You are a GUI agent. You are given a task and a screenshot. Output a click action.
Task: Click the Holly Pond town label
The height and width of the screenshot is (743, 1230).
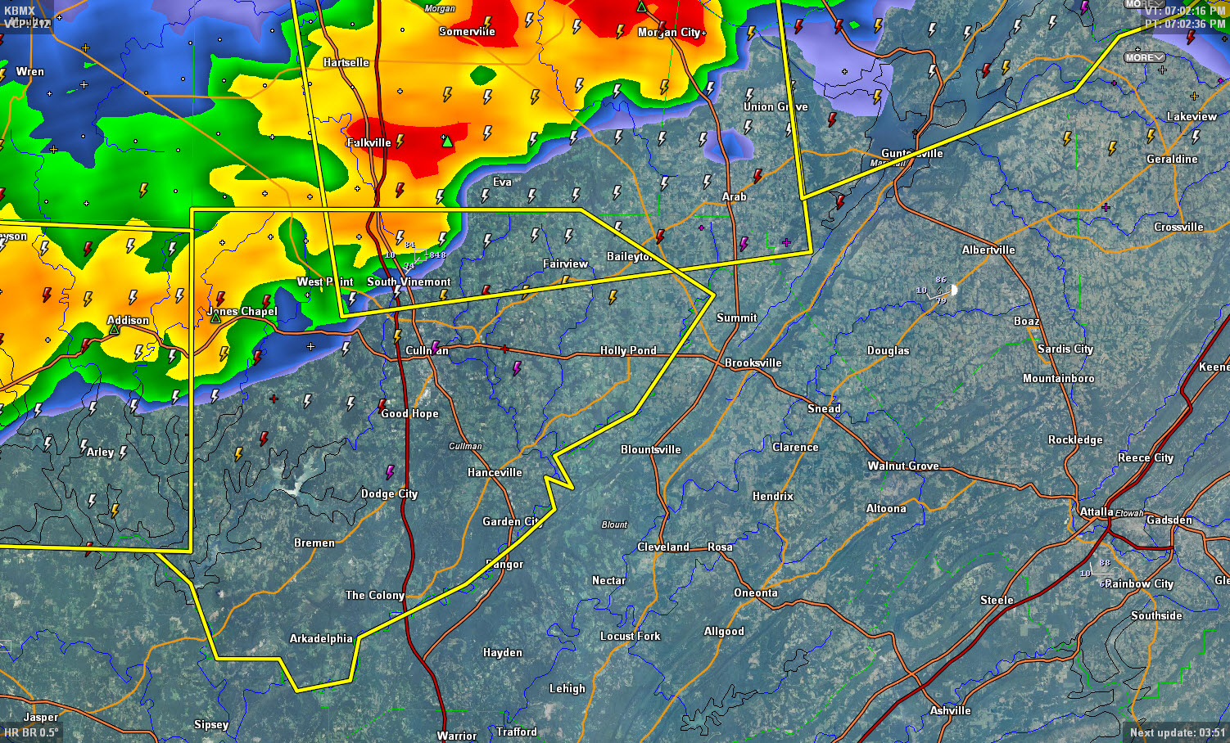(x=628, y=350)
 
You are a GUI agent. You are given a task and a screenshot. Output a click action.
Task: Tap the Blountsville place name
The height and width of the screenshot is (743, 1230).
(x=650, y=449)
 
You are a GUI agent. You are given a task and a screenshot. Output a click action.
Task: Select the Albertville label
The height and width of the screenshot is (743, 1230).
(x=988, y=250)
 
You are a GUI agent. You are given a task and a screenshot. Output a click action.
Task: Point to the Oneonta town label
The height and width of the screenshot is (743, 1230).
(x=756, y=592)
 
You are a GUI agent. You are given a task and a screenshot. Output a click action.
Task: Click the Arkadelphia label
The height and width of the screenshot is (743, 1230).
(x=321, y=638)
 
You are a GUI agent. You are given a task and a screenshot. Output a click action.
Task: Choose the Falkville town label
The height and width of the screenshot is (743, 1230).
(x=369, y=142)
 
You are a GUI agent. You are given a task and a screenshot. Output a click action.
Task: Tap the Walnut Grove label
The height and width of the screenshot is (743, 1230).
(x=903, y=466)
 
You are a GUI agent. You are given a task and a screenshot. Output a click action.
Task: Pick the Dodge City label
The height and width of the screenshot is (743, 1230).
(x=389, y=493)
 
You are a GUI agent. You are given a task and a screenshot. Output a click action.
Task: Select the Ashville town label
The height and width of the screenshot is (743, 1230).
(x=950, y=710)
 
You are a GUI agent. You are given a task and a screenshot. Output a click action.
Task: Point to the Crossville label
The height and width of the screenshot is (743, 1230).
(x=1178, y=227)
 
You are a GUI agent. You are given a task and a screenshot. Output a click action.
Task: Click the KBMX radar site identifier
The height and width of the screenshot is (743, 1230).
(x=20, y=11)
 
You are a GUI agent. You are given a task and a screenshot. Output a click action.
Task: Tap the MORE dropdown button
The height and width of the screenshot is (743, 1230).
(x=1144, y=57)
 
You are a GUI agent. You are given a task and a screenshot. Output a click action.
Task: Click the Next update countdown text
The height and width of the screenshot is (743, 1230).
(x=1177, y=732)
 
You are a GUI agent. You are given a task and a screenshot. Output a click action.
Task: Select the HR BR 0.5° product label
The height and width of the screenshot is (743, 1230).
(x=31, y=732)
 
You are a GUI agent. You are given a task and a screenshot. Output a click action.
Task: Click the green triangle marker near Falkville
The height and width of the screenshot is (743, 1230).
(x=447, y=142)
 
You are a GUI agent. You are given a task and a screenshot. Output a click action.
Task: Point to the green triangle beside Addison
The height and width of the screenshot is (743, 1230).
(x=115, y=330)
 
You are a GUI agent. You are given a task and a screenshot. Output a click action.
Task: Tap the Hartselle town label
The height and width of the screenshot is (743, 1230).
(x=346, y=62)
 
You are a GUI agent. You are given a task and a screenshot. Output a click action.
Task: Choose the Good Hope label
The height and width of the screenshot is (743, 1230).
(x=409, y=413)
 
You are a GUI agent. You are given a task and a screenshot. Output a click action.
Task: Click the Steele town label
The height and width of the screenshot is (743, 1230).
(x=997, y=600)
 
